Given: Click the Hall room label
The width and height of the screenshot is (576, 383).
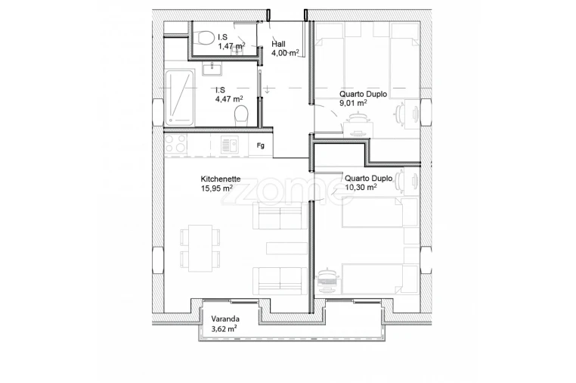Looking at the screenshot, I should coord(278,44).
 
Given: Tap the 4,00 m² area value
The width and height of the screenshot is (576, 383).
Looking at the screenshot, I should coord(286,53).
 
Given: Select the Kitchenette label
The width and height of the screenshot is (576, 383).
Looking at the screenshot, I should coord(220,179).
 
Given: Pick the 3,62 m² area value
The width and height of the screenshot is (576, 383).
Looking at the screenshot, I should coord(225,329).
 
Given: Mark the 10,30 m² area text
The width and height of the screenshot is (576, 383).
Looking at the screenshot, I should coord(361,188).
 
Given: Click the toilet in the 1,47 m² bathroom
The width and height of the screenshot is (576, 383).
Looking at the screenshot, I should coord(204,38).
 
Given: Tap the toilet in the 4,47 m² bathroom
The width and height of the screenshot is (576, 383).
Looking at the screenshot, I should coord(241,115).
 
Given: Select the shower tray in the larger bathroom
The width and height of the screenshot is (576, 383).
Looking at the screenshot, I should coord(180,96).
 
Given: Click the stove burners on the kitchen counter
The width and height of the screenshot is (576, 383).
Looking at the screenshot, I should coord(176,144).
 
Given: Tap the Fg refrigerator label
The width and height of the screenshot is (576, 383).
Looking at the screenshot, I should coord(261,145).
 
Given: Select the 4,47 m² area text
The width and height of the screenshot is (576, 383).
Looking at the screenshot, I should coord(229,98).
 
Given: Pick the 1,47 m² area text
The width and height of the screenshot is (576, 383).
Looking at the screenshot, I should coord(231,46).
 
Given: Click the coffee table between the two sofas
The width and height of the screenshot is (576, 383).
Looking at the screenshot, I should coord(286,249).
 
